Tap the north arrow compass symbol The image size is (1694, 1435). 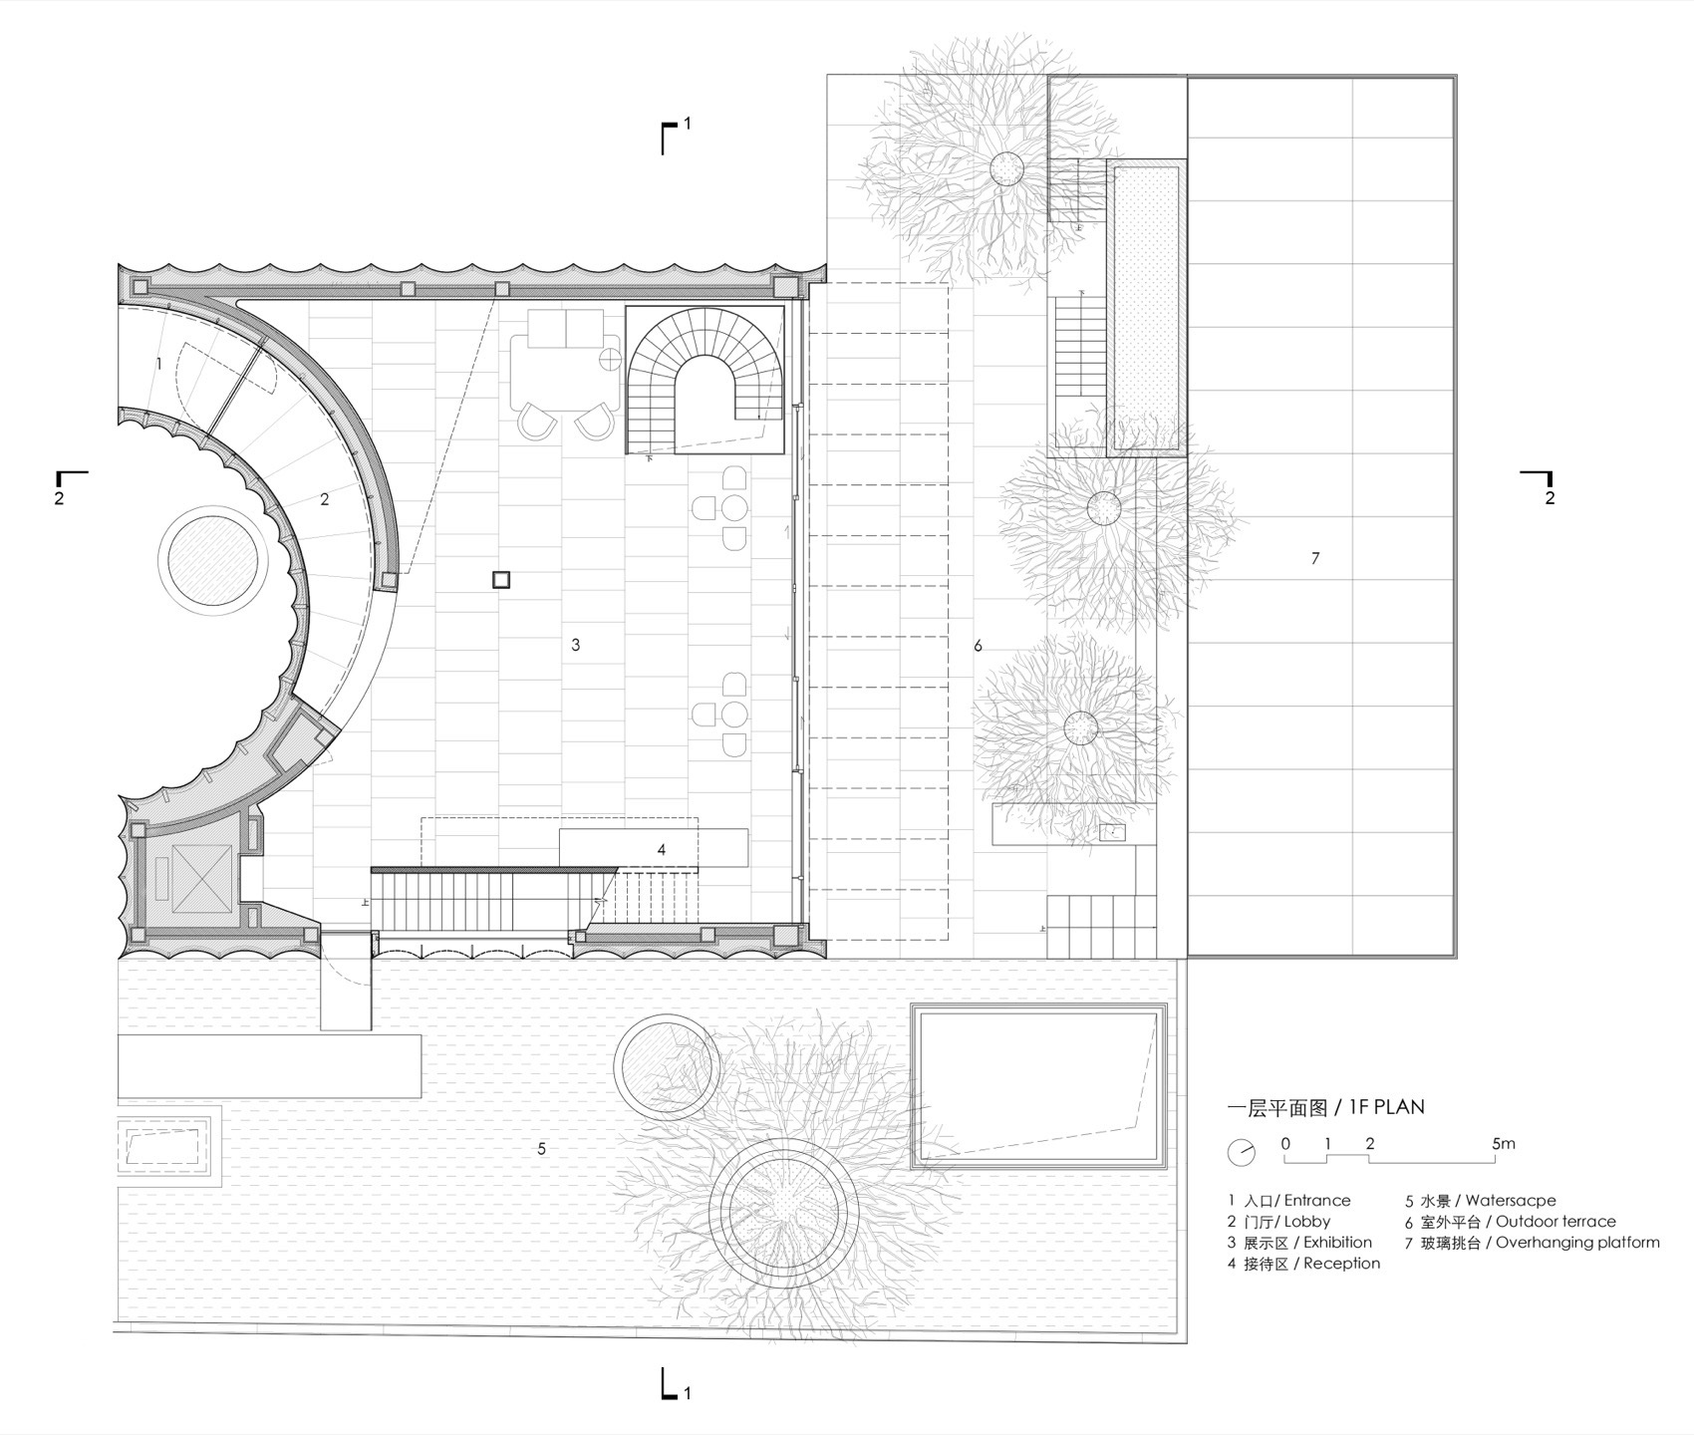point(1242,1152)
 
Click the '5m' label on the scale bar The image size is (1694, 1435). point(1504,1143)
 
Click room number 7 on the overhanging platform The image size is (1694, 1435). point(1315,559)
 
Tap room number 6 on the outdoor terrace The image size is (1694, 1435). point(979,647)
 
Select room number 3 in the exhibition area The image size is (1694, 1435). point(576,645)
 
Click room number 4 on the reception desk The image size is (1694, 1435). point(662,850)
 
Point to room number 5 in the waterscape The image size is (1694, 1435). point(542,1149)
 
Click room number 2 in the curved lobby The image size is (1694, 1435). point(325,500)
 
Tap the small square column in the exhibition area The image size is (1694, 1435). point(501,580)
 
